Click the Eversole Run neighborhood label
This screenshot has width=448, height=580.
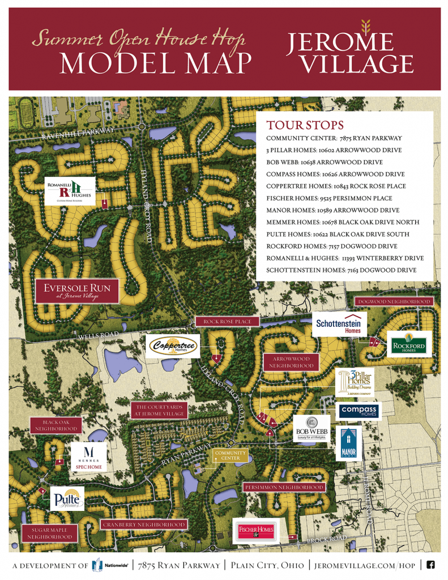click(x=77, y=291)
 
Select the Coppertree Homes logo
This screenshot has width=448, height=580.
click(x=172, y=347)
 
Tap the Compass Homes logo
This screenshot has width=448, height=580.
click(x=359, y=411)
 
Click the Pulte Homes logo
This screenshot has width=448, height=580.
click(x=67, y=498)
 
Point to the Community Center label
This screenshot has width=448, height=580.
click(x=229, y=456)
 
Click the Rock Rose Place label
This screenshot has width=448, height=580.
click(x=227, y=322)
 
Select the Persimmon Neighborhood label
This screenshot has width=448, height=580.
click(x=284, y=487)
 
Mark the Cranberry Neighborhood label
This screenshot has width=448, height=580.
click(x=144, y=525)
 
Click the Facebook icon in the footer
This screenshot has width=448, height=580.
click(x=430, y=565)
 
